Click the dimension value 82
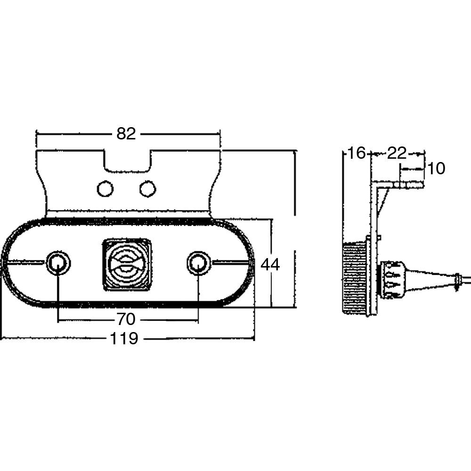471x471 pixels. click(126, 134)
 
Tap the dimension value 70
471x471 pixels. click(126, 319)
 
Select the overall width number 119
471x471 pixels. click(124, 339)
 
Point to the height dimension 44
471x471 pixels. click(270, 265)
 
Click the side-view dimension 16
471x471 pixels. click(356, 153)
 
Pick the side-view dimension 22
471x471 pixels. click(397, 154)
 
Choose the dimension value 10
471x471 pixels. click(436, 169)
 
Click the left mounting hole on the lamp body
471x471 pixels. click(58, 263)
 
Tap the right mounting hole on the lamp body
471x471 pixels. click(198, 263)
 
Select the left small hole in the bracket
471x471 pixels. click(106, 189)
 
